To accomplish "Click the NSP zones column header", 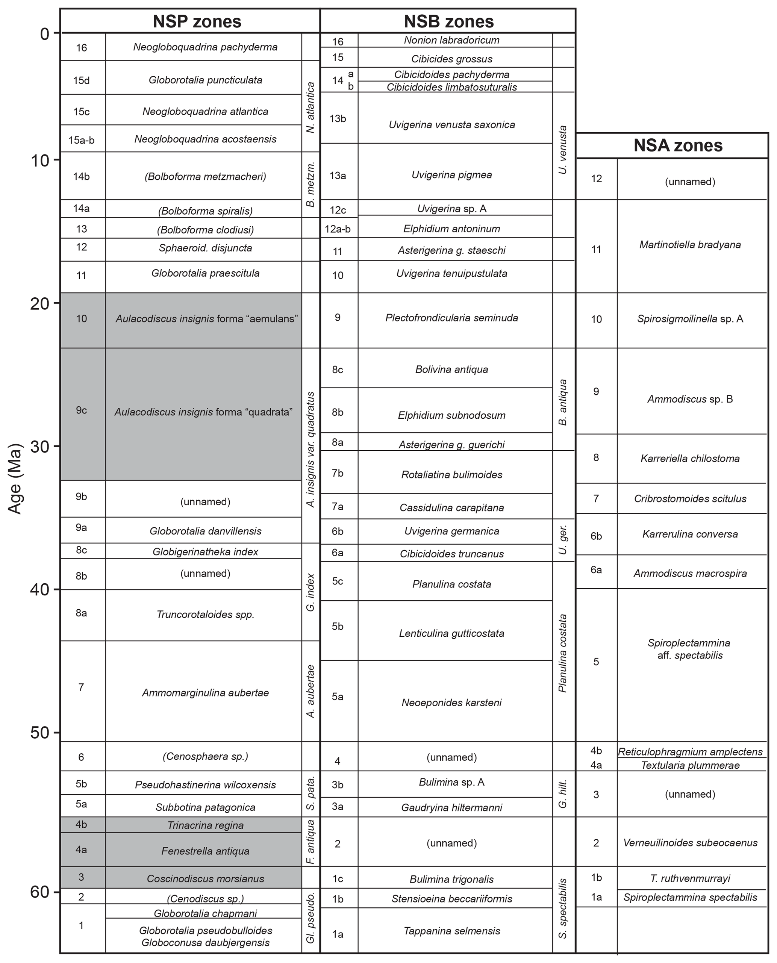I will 197,21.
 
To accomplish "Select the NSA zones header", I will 678,146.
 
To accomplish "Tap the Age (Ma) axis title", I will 15,479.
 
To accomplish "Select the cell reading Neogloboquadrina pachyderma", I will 205,47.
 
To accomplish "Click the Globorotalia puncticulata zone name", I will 205,80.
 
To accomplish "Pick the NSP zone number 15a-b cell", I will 82,140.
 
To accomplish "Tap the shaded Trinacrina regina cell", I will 205,825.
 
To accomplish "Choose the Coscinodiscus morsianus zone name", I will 205,878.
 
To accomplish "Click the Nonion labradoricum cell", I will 451,40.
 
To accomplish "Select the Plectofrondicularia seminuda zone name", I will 451,318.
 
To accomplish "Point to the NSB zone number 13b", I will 338,118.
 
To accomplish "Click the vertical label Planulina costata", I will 563,653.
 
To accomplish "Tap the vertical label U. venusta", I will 563,150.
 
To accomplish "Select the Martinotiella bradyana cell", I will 690,245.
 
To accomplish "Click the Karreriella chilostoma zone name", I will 690,459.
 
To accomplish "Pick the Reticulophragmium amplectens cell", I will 690,752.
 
